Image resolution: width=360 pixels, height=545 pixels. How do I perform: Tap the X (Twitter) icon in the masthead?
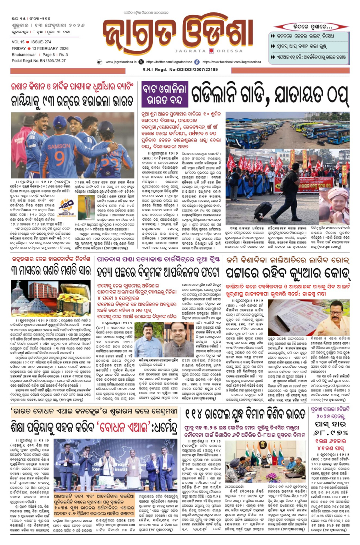coord(141,62)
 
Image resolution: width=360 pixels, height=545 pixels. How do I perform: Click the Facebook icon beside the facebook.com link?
coord(197,62)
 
